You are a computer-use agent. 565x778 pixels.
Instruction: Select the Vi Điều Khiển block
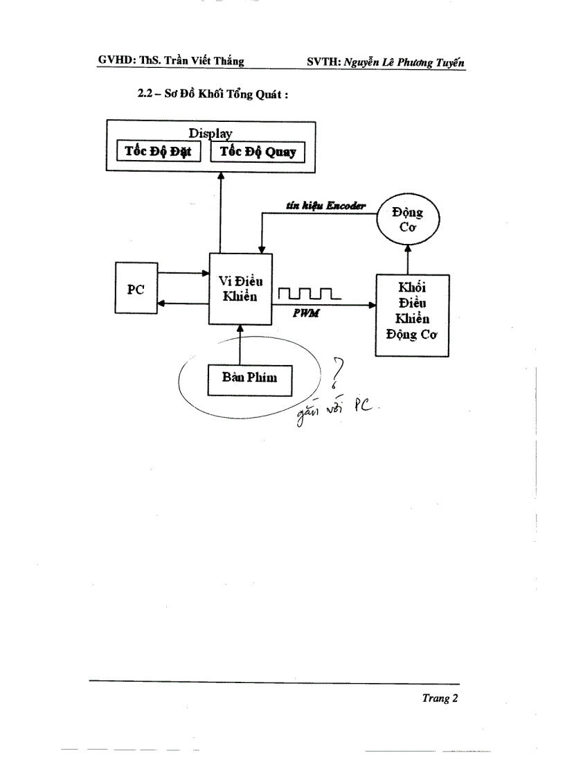coord(240,288)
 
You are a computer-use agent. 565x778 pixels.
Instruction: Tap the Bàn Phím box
coord(249,378)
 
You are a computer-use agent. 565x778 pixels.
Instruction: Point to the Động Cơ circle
coord(407,218)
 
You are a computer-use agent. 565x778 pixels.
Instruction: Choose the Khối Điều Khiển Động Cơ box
coord(412,315)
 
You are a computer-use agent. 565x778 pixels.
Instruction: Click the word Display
coord(210,133)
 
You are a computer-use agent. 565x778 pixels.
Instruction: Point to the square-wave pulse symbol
coord(309,295)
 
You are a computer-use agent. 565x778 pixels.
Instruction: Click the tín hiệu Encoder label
coord(325,205)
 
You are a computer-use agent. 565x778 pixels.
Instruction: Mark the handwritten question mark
coord(337,374)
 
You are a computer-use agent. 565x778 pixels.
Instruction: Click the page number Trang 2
coord(440,698)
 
